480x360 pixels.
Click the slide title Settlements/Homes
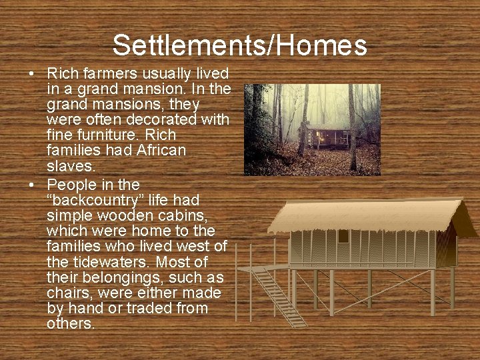pos(239,45)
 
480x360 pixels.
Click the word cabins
pos(167,215)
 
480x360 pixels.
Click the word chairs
pos(69,293)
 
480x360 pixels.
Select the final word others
pos(71,324)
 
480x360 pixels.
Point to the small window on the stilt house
pos(343,236)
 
